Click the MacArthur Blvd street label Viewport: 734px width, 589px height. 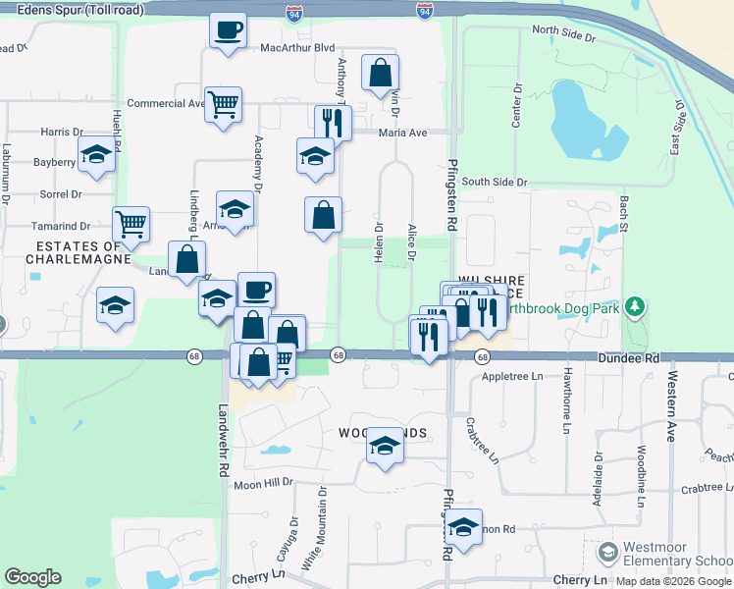tap(298, 47)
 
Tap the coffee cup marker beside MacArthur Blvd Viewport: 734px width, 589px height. tap(228, 30)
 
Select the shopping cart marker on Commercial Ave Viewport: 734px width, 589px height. tap(224, 103)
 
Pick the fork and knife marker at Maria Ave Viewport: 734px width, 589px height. tap(333, 124)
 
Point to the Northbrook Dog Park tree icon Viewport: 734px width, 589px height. tap(636, 308)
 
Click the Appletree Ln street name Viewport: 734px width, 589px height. tap(512, 376)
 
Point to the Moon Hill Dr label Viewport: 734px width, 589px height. tap(263, 483)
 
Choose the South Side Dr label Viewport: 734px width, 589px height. tap(495, 182)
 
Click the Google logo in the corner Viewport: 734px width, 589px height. tap(32, 577)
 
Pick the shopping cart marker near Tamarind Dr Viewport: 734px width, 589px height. tap(131, 225)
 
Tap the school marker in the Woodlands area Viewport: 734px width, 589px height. tap(386, 447)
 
